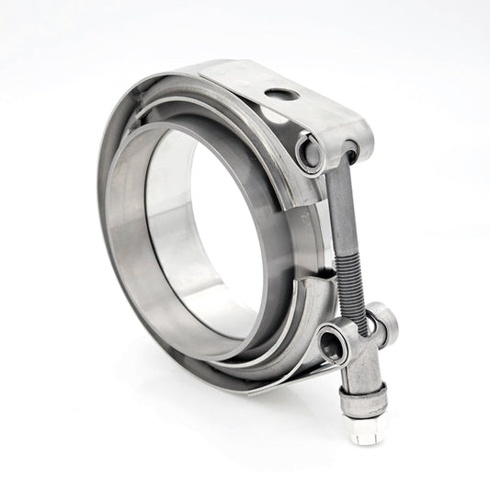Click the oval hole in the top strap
(281, 94)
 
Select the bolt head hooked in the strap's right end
(350, 151)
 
